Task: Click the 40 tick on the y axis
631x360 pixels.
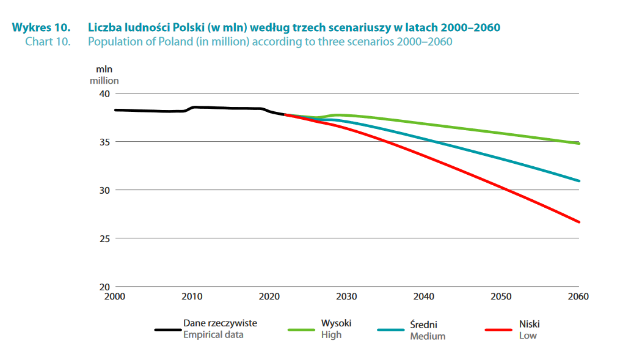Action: click(103, 94)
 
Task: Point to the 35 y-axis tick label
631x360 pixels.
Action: click(103, 142)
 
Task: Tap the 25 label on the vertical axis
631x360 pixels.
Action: click(103, 238)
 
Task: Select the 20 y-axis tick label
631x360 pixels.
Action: click(103, 287)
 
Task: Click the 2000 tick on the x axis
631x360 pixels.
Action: click(115, 297)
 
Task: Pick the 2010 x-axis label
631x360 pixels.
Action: click(192, 297)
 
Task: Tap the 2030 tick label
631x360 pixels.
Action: click(346, 297)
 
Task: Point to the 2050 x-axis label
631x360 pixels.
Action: click(501, 297)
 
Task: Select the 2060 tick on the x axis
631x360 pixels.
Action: click(578, 297)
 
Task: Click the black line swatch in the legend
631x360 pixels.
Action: click(166, 329)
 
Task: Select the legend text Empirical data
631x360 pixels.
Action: click(213, 335)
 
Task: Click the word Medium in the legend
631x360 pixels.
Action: click(428, 336)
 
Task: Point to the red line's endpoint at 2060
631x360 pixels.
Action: click(578, 222)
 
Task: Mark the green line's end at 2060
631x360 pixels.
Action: click(578, 144)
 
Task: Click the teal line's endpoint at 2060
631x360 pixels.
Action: click(578, 181)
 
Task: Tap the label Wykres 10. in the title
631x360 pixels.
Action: click(41, 28)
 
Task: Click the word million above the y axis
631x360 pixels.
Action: click(104, 80)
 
